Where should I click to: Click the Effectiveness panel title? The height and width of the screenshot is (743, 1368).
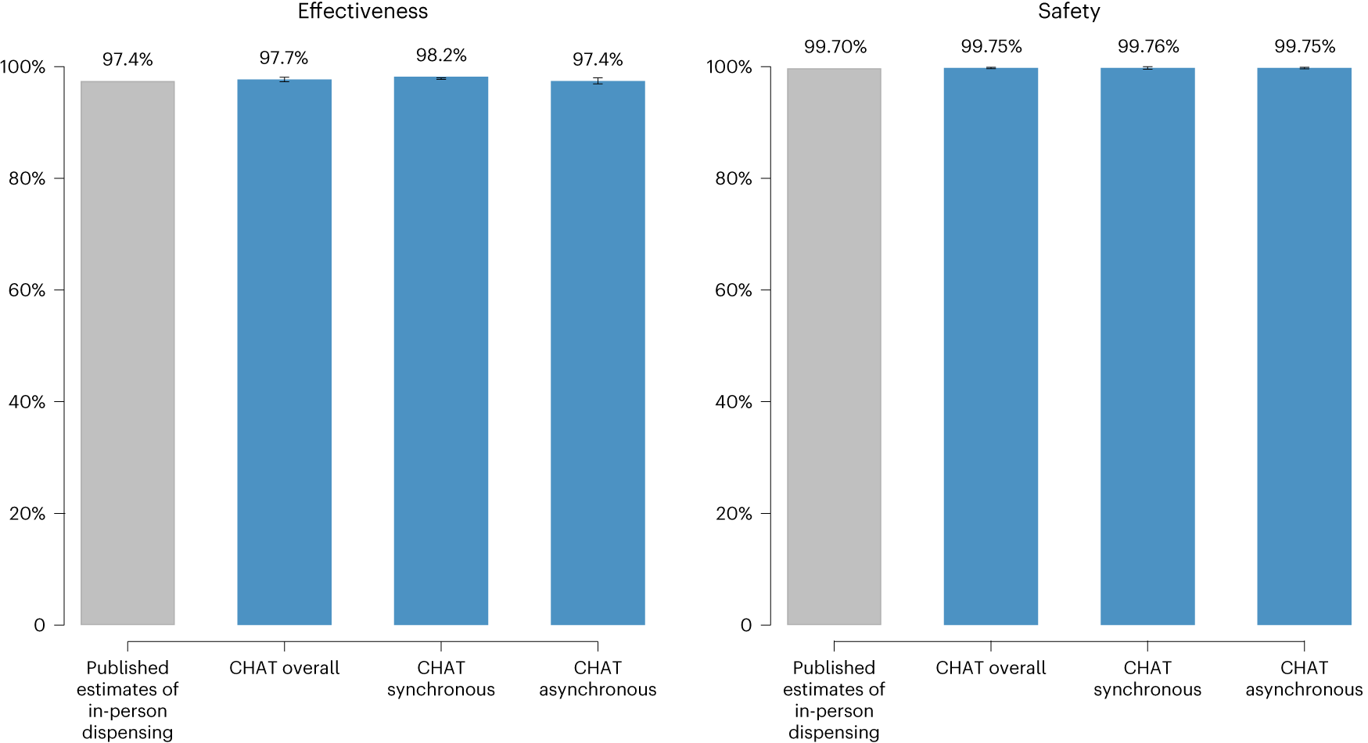362,12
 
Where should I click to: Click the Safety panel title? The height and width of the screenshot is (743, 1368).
1068,12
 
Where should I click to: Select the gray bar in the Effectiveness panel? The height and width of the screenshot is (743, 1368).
127,352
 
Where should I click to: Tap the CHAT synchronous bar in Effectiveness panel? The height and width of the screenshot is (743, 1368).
441,352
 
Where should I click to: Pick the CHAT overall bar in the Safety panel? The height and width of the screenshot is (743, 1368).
990,352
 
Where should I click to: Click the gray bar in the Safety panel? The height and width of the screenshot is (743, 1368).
834,352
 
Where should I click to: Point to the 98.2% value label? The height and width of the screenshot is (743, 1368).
441,56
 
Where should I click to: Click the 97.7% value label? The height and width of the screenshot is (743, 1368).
284,58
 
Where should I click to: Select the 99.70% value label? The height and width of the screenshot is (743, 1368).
835,47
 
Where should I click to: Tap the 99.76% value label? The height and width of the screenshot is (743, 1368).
1147,47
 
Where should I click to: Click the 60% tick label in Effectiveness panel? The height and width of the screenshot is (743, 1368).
27,290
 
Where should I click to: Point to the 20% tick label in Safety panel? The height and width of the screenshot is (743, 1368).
733,514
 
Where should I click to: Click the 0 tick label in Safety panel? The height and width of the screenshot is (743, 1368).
745,626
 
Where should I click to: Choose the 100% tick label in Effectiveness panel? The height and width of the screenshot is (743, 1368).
23,67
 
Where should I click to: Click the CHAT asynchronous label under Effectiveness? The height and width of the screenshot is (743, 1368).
598,678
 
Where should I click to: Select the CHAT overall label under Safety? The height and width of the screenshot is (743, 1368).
990,668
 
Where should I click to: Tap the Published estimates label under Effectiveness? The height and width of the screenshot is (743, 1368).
127,699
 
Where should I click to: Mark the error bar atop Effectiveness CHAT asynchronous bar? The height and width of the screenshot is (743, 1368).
598,81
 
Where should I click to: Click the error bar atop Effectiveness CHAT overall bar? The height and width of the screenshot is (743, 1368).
284,80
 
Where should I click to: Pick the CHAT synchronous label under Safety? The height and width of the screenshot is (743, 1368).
1147,678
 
